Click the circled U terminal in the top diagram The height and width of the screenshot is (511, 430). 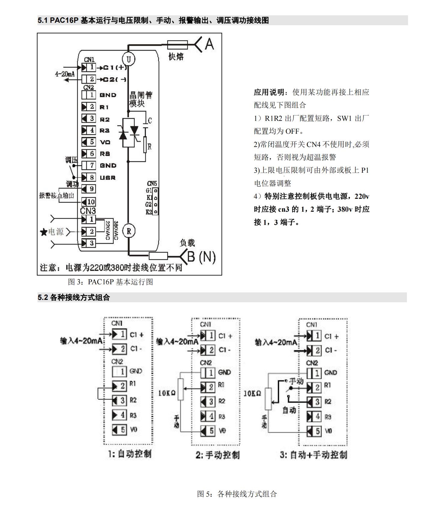click(129, 59)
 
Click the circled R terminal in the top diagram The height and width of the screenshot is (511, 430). click(129, 231)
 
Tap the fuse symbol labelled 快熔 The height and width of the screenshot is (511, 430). click(177, 45)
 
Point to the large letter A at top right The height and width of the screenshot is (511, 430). click(209, 44)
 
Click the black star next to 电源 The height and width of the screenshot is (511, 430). click(44, 232)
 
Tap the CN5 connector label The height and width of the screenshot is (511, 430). click(152, 184)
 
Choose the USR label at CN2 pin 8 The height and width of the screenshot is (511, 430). click(107, 178)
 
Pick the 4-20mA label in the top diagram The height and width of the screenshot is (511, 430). click(65, 74)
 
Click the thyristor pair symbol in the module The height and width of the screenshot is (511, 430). click(129, 133)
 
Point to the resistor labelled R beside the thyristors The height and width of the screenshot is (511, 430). click(145, 144)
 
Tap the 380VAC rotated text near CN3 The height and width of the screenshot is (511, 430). click(116, 231)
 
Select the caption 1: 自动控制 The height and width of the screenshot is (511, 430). click(130, 454)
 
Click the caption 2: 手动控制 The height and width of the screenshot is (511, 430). click(218, 455)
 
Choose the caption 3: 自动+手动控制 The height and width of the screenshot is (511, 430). click(313, 455)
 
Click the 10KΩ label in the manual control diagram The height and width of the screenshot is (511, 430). click(167, 393)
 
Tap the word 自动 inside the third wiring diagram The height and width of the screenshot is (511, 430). click(289, 410)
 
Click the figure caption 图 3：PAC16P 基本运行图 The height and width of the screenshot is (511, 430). click(111, 282)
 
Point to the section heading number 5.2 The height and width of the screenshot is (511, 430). click(43, 297)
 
